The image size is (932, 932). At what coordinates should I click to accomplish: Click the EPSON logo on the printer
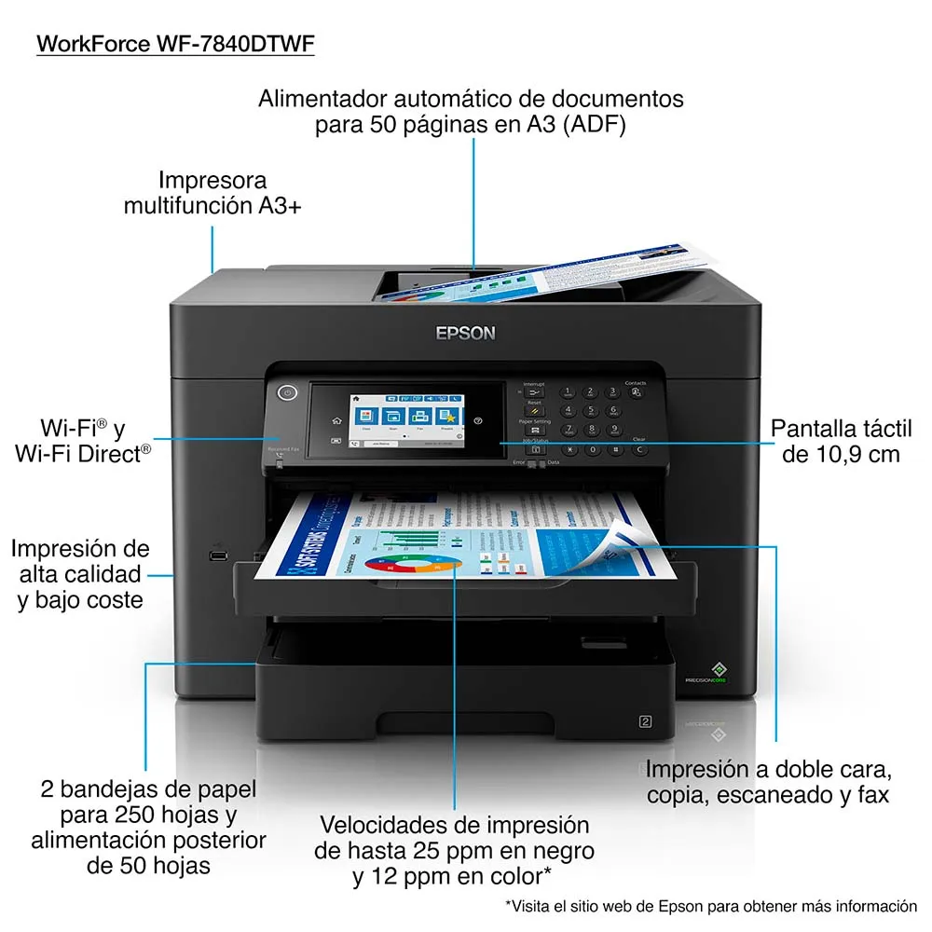466,333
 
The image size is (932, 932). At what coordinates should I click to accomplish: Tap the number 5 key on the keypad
589,410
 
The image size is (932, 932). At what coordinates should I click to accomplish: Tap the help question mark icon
478,421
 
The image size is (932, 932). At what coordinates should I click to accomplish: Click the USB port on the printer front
217,556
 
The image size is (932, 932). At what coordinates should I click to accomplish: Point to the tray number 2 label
643,720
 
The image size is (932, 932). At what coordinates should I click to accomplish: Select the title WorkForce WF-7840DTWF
175,44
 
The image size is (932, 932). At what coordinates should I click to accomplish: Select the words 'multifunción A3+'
212,206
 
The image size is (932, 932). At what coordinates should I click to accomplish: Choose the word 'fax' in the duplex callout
874,795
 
